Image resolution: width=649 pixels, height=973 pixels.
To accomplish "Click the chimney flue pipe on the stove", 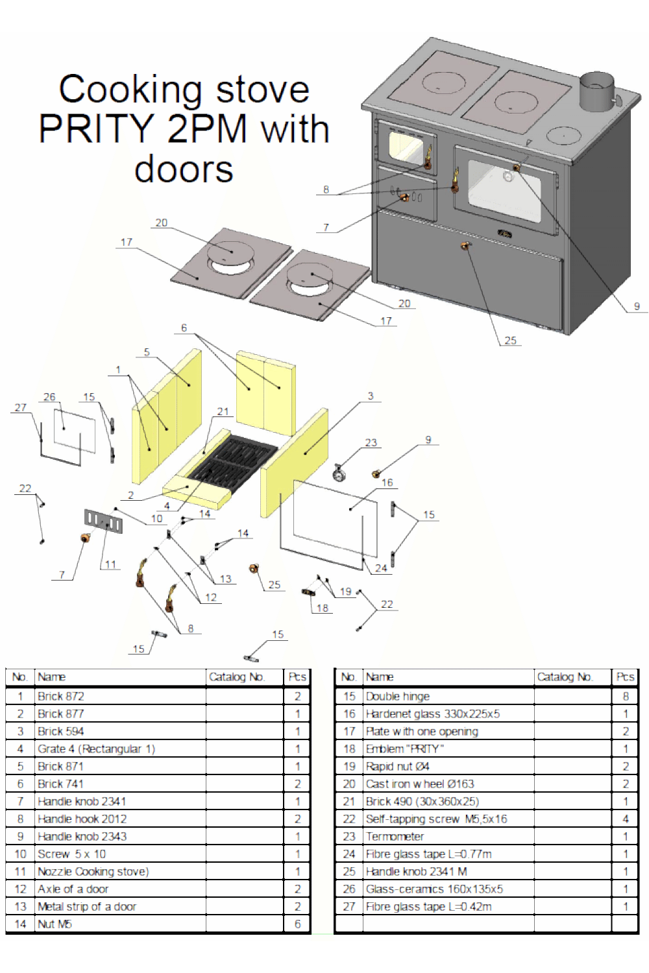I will tap(596, 93).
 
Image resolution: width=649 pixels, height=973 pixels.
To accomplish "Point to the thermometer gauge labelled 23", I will tap(339, 473).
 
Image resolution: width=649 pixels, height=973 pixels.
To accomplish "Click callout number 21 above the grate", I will tap(223, 411).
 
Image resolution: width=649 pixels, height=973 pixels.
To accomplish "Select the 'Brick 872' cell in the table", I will tap(61, 696).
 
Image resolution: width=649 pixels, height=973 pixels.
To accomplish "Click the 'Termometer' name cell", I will tap(395, 836).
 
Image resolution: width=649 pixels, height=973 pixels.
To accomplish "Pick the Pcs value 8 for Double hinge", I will tap(626, 696).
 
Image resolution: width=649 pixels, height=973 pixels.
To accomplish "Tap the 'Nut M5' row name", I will tap(55, 924).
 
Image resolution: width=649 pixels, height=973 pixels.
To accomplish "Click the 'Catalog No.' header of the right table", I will tap(565, 677).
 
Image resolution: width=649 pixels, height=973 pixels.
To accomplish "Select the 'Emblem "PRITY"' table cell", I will tap(404, 749).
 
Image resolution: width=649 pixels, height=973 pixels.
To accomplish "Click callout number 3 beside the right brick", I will tap(371, 396).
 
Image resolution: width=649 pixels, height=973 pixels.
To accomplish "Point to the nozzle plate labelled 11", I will tap(103, 521).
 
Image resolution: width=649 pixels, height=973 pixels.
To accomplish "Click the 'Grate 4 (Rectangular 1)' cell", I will tap(96, 749).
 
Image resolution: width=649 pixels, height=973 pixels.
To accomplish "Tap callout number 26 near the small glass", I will tap(50, 397).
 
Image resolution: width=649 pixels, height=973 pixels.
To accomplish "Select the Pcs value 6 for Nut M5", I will tap(298, 924).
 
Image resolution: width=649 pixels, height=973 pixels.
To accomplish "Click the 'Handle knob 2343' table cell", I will tap(82, 836).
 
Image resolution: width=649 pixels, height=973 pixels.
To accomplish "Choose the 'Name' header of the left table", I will tap(51, 677).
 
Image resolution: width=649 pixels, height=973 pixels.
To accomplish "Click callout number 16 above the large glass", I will tap(387, 483).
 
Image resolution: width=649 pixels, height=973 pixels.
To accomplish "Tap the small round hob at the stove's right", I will tap(563, 136).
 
